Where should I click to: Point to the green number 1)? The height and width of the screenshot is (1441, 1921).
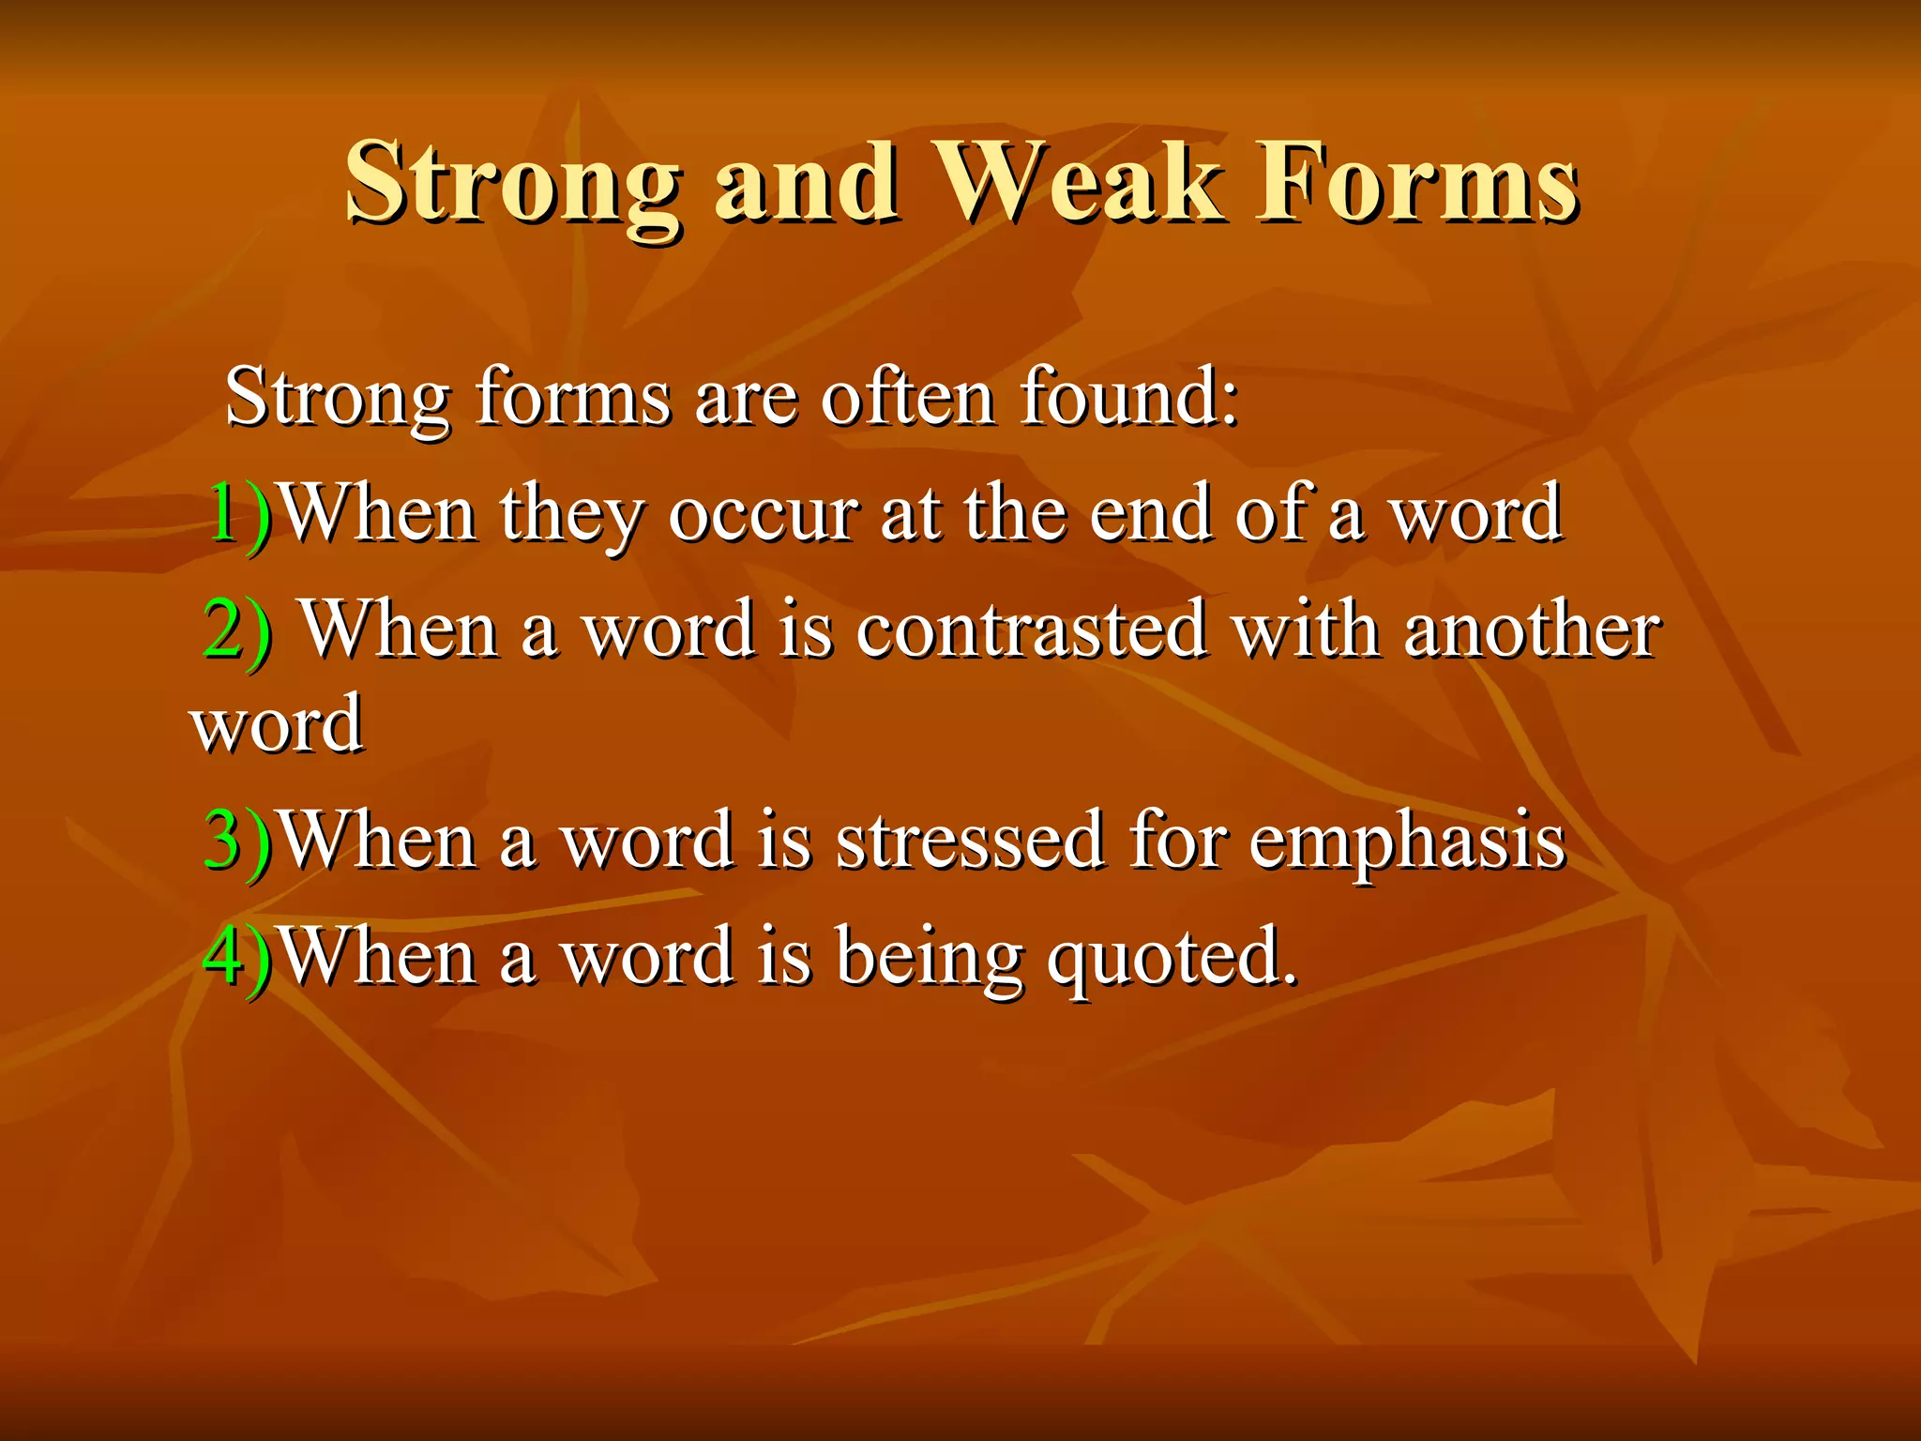click(x=238, y=514)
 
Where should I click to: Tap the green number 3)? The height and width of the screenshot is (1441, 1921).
click(x=237, y=840)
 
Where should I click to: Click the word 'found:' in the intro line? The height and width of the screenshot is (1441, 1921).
click(x=1129, y=397)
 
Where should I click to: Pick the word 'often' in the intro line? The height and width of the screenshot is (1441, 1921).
click(x=907, y=397)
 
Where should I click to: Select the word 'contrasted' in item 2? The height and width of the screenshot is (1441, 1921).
click(x=1031, y=629)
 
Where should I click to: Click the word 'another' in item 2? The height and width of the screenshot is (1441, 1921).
click(x=1532, y=629)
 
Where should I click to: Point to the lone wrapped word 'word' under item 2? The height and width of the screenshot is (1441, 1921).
click(x=277, y=724)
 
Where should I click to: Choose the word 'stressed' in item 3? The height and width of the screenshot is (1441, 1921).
click(x=969, y=840)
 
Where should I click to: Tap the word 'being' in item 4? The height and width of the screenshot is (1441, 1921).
click(x=929, y=957)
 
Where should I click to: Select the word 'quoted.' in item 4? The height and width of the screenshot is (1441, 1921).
click(x=1172, y=957)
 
